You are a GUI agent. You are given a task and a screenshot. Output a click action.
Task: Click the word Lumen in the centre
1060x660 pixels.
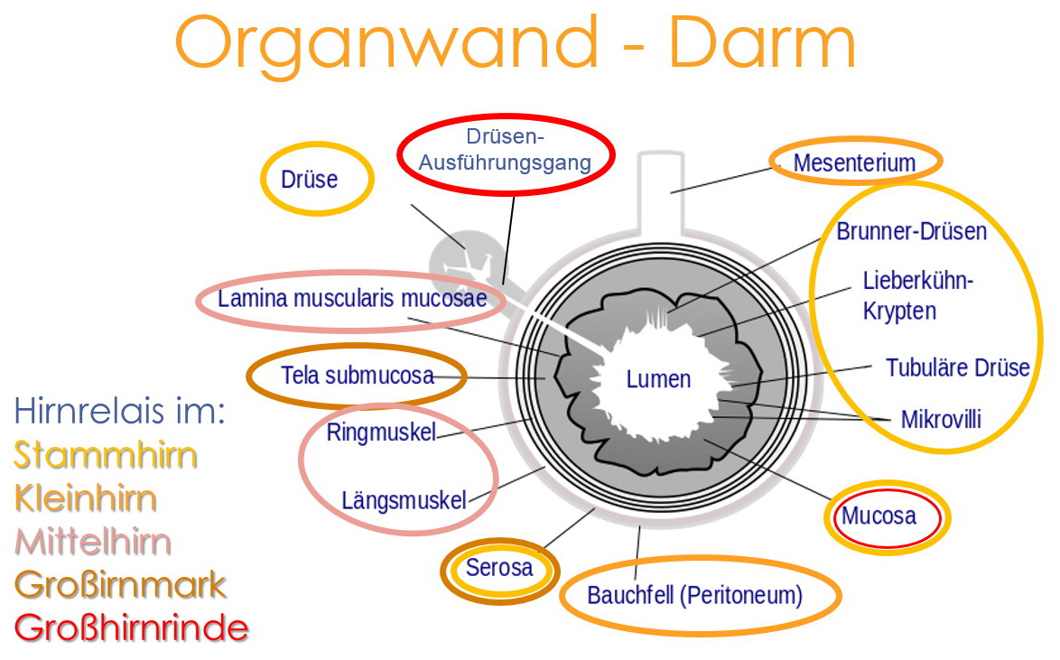tap(658, 379)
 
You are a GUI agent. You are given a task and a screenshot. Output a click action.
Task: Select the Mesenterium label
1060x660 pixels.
tap(854, 163)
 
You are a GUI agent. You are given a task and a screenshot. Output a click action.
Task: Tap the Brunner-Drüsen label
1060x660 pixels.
tap(911, 232)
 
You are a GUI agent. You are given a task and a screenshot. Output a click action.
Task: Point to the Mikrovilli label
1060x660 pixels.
tap(940, 419)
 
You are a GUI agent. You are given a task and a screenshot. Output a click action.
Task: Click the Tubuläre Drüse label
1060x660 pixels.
tap(957, 368)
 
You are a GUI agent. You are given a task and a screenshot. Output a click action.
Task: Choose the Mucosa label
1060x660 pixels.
tap(879, 516)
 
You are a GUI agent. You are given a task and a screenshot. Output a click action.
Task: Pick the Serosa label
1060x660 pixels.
tap(499, 569)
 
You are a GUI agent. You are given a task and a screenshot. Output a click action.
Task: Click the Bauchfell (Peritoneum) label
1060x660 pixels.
tap(694, 596)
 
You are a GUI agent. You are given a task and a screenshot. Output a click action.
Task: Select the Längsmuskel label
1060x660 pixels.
tap(404, 500)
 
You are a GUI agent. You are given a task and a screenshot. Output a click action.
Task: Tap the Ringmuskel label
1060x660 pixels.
tap(381, 432)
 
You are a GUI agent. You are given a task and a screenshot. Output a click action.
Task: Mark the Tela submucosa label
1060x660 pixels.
tap(358, 376)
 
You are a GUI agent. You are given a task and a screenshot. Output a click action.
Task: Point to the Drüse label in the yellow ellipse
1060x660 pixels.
tap(309, 179)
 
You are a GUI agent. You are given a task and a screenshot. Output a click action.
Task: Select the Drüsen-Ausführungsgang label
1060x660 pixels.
tap(505, 150)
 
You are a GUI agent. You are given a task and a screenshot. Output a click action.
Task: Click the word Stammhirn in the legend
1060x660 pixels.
tap(105, 455)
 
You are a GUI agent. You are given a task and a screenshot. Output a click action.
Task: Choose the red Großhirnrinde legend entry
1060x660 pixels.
tap(131, 627)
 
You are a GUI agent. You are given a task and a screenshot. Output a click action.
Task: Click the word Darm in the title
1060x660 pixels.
tap(761, 43)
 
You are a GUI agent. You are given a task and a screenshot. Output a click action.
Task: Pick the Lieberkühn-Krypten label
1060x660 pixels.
tap(917, 295)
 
